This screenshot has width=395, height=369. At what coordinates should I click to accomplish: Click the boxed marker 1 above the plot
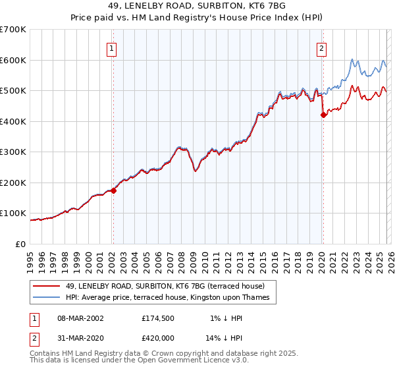click(112, 48)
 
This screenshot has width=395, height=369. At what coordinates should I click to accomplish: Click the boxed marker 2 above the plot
click(322, 48)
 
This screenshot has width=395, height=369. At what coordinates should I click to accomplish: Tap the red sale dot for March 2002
click(113, 190)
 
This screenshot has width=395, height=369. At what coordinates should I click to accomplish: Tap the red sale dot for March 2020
click(323, 115)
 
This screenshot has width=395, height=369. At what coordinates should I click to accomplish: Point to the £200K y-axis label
click(13, 183)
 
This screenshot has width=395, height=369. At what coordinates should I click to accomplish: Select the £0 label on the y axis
click(20, 244)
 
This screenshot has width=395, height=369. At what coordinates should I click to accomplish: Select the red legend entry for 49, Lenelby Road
click(165, 286)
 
